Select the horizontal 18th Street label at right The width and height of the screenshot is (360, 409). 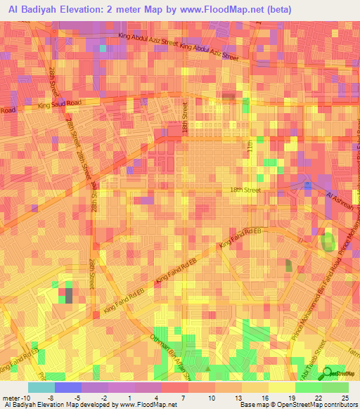click(x=245, y=190)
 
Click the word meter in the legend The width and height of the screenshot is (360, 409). click(x=11, y=396)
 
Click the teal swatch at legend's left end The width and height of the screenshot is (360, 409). click(x=41, y=387)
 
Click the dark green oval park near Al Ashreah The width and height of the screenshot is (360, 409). click(x=328, y=243)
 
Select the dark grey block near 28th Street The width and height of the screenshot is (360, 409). click(x=68, y=294)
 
